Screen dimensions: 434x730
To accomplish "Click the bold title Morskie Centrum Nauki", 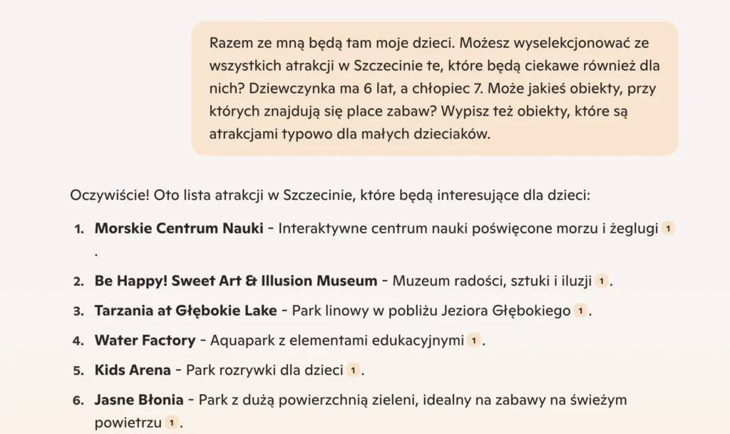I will click(x=179, y=228).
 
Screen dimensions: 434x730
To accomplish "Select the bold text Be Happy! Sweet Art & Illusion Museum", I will click(x=236, y=281).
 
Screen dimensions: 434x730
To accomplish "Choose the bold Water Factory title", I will click(x=145, y=340).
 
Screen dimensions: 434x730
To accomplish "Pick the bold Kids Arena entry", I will click(x=133, y=370).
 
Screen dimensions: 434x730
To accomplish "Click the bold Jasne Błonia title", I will click(x=139, y=400).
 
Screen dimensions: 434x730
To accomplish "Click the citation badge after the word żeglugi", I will click(x=668, y=229).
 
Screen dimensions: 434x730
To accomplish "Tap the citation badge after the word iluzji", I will click(x=602, y=281).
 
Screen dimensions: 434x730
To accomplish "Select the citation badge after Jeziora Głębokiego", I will click(x=581, y=311).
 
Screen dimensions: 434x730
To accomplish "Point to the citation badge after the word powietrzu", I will click(x=171, y=423).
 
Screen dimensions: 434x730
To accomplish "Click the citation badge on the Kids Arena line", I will click(x=353, y=370).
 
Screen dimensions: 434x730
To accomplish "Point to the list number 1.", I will click(x=78, y=229).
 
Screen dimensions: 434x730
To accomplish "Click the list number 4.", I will click(x=78, y=341).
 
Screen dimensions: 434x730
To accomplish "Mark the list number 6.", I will click(x=78, y=401).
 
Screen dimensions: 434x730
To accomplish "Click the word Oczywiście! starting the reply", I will click(x=105, y=195).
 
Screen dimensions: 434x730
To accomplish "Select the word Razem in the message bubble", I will click(x=227, y=43).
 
